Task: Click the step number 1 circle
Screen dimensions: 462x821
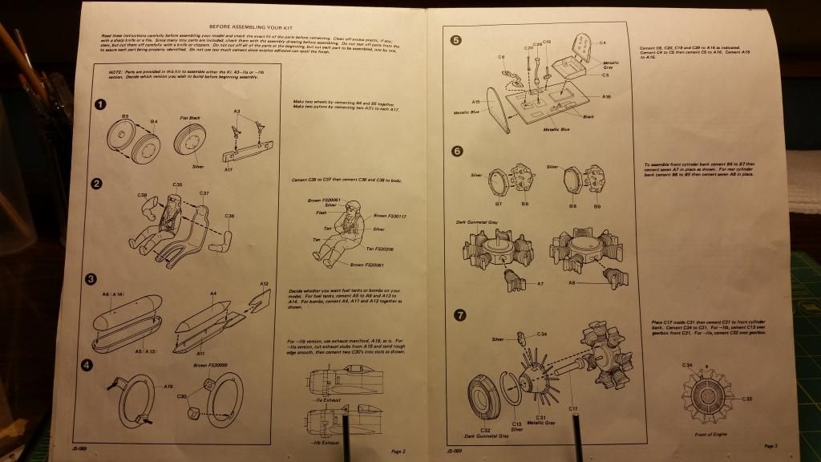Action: (99, 104)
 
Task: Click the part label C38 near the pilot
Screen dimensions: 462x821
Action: (141, 195)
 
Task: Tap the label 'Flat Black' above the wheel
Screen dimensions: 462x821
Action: (189, 116)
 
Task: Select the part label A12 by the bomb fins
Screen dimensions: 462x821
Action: (264, 283)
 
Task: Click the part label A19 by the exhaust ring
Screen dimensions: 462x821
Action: (168, 387)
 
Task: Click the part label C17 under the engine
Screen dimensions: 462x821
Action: (573, 410)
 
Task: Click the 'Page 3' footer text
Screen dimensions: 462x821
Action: (770, 446)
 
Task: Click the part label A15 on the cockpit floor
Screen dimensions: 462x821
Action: (476, 103)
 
